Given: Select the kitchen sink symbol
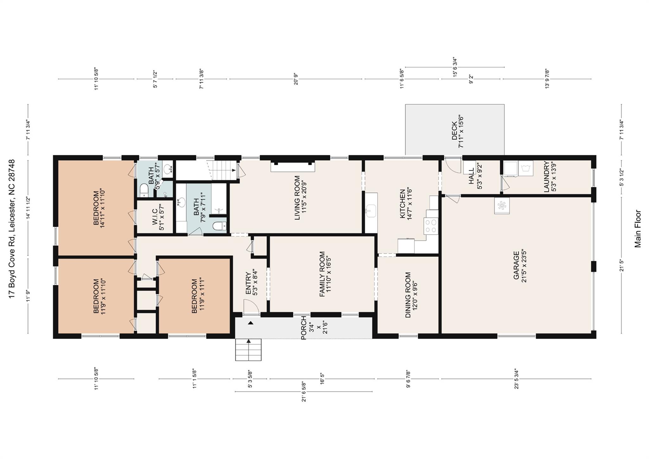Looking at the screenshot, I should tap(370, 211).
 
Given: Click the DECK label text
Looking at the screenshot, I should tap(457, 130).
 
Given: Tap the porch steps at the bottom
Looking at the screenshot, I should tap(248, 350).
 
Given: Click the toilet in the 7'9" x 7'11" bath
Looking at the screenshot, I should tap(219, 226).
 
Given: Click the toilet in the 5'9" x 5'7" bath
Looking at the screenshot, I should tap(144, 190).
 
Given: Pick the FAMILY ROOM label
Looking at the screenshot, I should tap(325, 274).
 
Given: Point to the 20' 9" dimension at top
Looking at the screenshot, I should tap(296, 79).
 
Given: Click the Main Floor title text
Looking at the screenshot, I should tap(638, 229).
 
